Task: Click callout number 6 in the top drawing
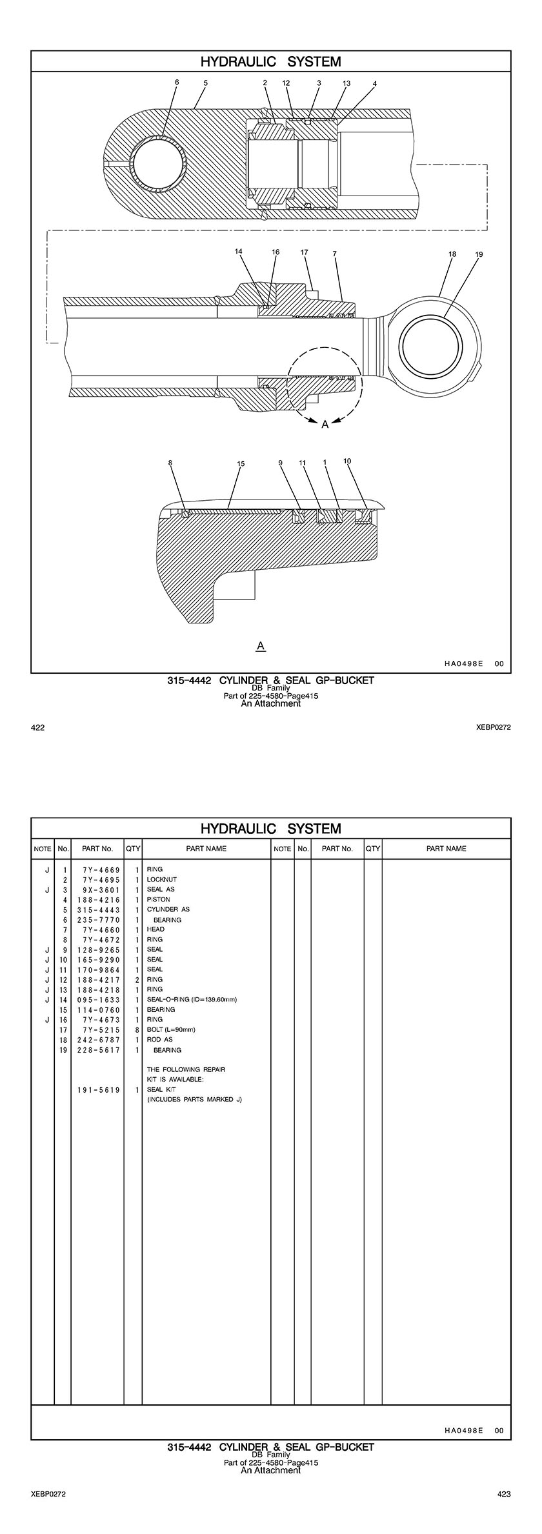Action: pyautogui.click(x=177, y=82)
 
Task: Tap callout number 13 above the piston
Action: pyautogui.click(x=346, y=83)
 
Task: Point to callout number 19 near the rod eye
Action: pyautogui.click(x=479, y=254)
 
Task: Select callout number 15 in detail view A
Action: pyautogui.click(x=241, y=463)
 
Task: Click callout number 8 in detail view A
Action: pyautogui.click(x=170, y=463)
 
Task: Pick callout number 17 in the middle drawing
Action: pyautogui.click(x=305, y=252)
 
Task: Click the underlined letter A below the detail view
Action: pyautogui.click(x=261, y=645)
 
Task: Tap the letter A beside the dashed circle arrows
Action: pyautogui.click(x=325, y=424)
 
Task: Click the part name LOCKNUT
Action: pyautogui.click(x=161, y=879)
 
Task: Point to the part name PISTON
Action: pyautogui.click(x=159, y=899)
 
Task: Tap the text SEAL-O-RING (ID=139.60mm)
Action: pyautogui.click(x=192, y=1000)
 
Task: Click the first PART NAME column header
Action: pyautogui.click(x=206, y=849)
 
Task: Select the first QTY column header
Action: pyautogui.click(x=133, y=849)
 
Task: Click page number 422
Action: pyautogui.click(x=38, y=728)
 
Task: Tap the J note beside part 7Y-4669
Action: pyautogui.click(x=46, y=869)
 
